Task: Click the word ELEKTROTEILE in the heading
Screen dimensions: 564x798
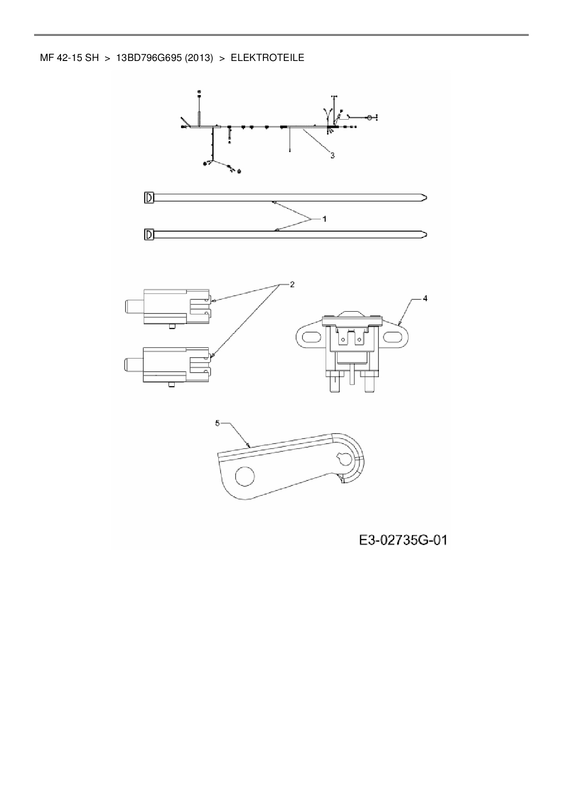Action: point(267,58)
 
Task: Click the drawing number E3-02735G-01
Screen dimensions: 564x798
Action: point(403,540)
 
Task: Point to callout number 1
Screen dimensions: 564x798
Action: point(324,219)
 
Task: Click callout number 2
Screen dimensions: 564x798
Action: point(292,284)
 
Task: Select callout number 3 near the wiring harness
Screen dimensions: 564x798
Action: point(332,156)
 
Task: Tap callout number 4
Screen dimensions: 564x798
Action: point(425,298)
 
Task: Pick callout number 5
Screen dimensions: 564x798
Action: point(217,423)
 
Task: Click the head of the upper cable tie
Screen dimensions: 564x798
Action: point(149,198)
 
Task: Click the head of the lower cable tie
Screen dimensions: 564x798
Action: point(149,235)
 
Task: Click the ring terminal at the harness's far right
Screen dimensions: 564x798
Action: point(369,118)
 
